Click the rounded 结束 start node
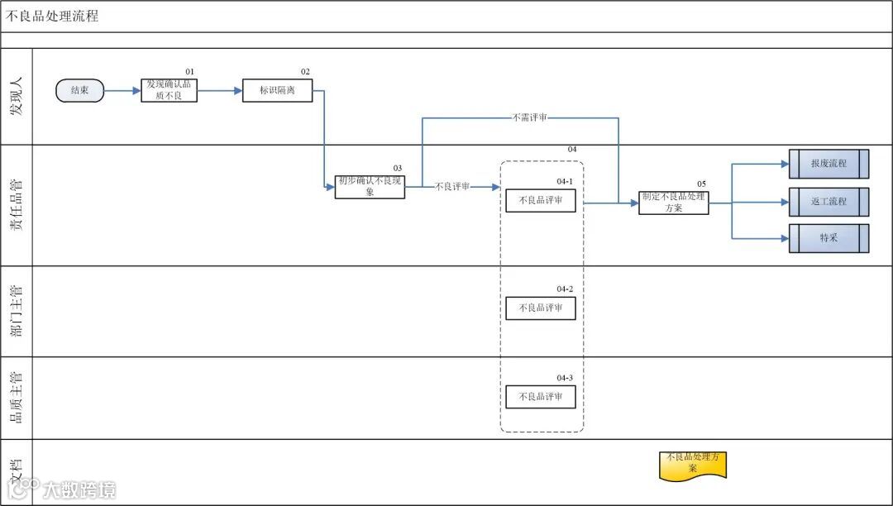[x=80, y=91]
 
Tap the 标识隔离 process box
[x=277, y=90]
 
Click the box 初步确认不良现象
[x=370, y=187]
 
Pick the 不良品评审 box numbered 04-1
[x=541, y=200]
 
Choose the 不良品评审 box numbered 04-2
[x=541, y=308]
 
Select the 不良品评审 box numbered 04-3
[x=541, y=397]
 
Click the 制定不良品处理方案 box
[x=673, y=203]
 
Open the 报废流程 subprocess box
[x=829, y=164]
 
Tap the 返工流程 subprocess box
[x=829, y=202]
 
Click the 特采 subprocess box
[x=829, y=238]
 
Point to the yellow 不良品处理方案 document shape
[x=693, y=465]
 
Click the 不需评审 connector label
[x=530, y=118]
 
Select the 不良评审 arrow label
[x=452, y=187]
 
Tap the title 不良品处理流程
[x=53, y=16]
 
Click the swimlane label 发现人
[x=17, y=97]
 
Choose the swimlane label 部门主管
[x=17, y=311]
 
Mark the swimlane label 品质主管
[x=17, y=397]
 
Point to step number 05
[x=701, y=184]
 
